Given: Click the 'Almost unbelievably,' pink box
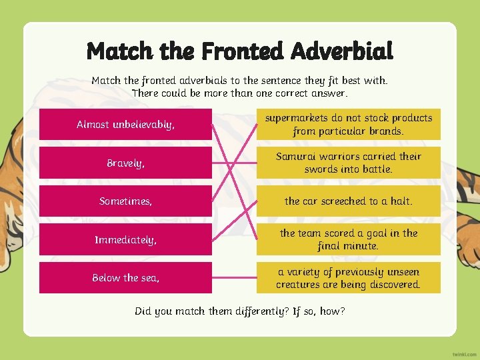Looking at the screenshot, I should click(125, 125).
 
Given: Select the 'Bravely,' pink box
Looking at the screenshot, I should click(125, 163).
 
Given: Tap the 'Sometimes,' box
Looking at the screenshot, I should click(125, 201).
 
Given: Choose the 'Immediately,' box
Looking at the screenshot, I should click(125, 239).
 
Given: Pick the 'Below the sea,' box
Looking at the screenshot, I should click(125, 277).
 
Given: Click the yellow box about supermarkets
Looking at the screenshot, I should click(348, 125).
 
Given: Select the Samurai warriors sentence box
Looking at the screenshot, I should click(348, 163).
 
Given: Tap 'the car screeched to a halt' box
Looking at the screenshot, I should click(348, 201).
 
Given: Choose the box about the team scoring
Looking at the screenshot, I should click(348, 239).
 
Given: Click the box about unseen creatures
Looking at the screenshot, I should click(348, 277).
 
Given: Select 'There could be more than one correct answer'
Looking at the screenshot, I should click(240, 93).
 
